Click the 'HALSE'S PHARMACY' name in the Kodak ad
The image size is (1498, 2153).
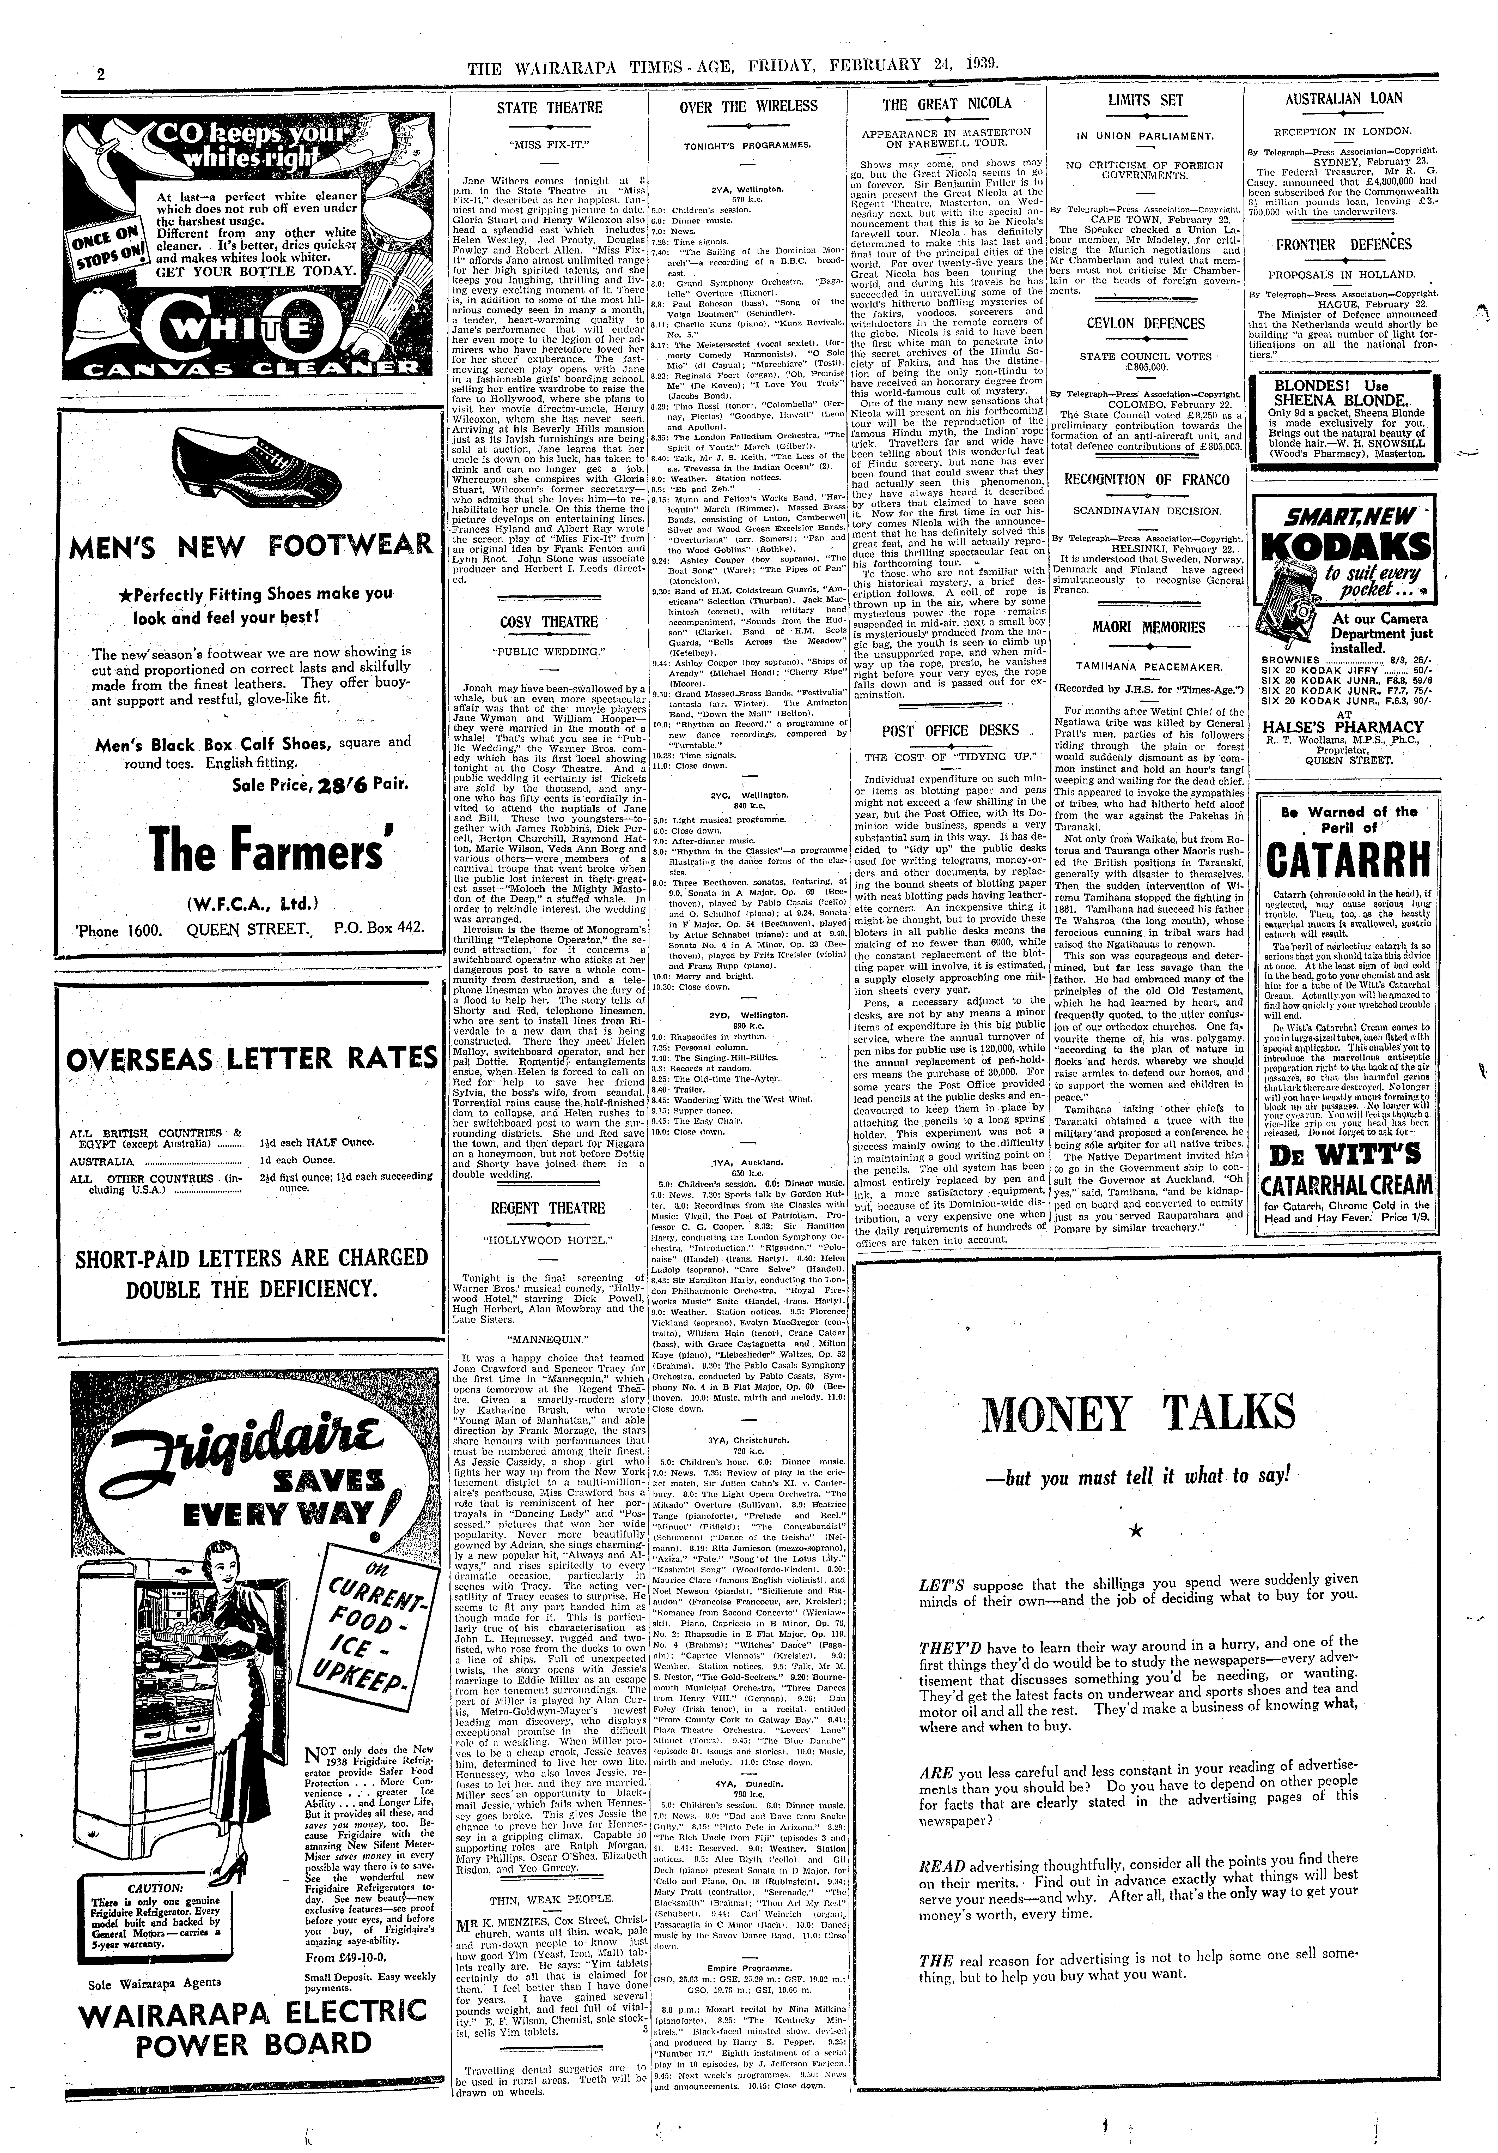[x=1342, y=727]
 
